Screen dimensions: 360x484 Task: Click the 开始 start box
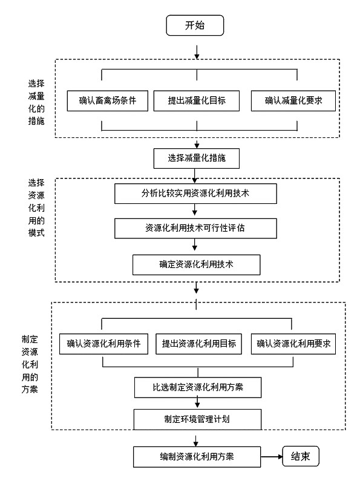click(x=195, y=25)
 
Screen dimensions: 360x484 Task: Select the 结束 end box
click(x=301, y=456)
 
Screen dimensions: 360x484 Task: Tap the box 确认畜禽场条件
click(x=108, y=100)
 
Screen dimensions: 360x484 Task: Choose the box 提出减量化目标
click(x=197, y=100)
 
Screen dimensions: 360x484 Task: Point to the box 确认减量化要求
click(x=293, y=100)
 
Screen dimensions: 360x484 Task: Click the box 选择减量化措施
click(x=197, y=159)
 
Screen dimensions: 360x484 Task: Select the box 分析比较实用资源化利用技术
click(x=195, y=194)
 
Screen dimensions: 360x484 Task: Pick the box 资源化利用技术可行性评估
click(x=195, y=229)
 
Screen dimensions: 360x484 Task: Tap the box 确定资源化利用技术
click(x=197, y=264)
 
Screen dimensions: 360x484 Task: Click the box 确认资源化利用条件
click(x=103, y=344)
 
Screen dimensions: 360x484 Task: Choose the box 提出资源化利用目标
click(x=198, y=344)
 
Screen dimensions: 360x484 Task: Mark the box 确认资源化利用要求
click(x=293, y=344)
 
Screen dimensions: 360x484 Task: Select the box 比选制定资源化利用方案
click(x=198, y=387)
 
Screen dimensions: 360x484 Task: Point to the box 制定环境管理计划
click(x=197, y=419)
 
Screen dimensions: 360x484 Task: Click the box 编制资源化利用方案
click(x=197, y=457)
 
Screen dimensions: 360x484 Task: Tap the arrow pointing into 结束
click(x=272, y=457)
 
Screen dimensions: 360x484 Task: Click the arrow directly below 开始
click(x=197, y=52)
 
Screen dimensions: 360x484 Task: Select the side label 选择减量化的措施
click(x=36, y=102)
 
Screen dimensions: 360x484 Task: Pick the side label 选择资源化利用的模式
click(x=36, y=208)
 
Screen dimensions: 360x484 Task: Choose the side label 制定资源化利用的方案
click(x=30, y=364)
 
